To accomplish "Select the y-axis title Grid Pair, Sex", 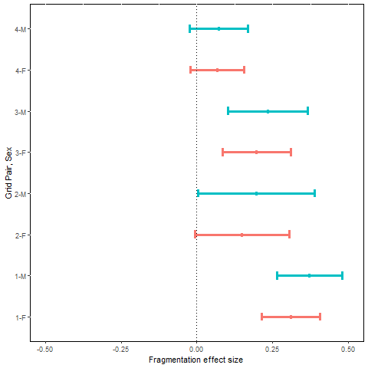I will pyautogui.click(x=8, y=172).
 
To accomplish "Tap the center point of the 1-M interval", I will pyautogui.click(x=310, y=275).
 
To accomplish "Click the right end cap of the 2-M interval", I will pyautogui.click(x=314, y=193).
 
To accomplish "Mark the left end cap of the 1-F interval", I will pyautogui.click(x=262, y=317).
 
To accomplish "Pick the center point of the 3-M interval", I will pyautogui.click(x=268, y=111).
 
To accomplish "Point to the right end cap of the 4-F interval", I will pyautogui.click(x=244, y=70).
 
